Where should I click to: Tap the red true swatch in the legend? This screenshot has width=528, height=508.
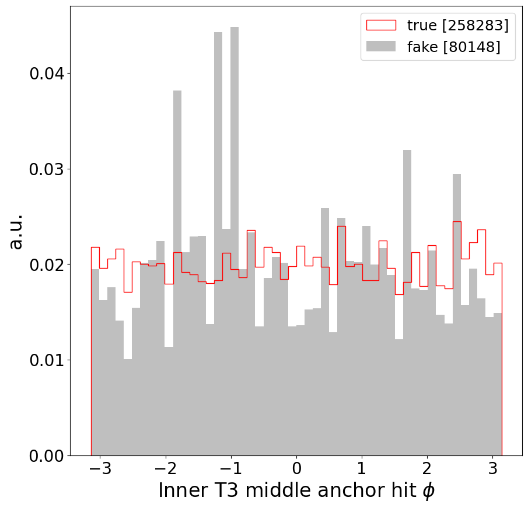(x=380, y=25)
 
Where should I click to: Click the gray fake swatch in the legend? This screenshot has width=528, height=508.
(x=380, y=47)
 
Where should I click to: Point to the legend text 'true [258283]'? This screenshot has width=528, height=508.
(x=457, y=25)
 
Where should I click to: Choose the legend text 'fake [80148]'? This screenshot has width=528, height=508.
(x=453, y=47)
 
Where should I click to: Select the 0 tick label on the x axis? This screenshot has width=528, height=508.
(x=296, y=469)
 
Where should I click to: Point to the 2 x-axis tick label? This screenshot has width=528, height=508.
(x=428, y=469)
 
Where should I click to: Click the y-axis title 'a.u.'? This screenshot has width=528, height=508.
(x=16, y=231)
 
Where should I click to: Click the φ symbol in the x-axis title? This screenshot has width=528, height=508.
(x=428, y=492)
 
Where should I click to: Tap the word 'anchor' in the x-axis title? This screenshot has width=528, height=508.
(x=340, y=490)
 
